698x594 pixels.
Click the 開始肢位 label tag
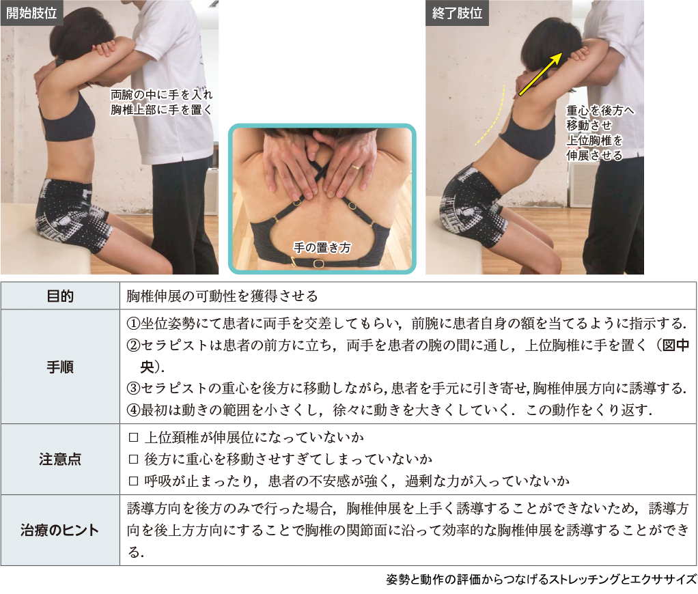(31, 13)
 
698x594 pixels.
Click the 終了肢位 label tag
(457, 13)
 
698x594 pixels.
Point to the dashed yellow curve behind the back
(492, 115)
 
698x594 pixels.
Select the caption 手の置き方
(322, 247)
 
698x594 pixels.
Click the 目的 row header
(60, 296)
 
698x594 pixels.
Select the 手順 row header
(60, 367)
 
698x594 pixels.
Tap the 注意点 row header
(60, 459)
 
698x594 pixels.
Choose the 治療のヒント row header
(60, 530)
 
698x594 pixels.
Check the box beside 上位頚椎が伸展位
(133, 438)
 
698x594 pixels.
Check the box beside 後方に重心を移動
(133, 459)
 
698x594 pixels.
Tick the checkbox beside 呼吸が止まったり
(133, 481)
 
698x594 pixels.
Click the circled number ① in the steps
(134, 324)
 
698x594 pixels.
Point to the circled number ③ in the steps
(134, 388)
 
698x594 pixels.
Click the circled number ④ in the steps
(134, 410)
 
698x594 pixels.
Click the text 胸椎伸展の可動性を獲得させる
(222, 296)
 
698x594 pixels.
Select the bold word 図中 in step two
(676, 345)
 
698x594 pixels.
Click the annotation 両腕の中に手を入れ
(162, 94)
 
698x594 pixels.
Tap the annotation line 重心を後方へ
(600, 111)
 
